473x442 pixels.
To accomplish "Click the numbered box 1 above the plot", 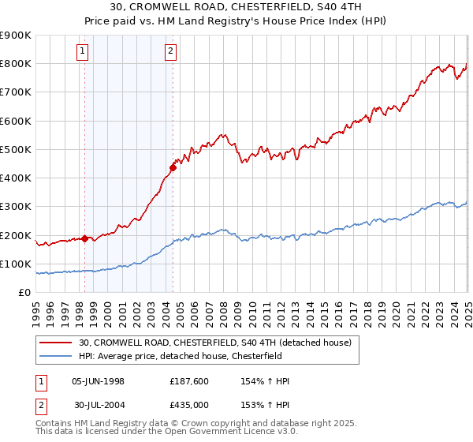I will coord(84,52).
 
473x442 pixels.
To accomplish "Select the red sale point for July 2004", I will coord(173,167).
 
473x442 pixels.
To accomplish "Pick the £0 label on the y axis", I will coord(26,293).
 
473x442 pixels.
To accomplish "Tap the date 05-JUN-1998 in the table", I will coord(98,381).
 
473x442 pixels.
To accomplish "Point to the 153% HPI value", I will coord(266,405).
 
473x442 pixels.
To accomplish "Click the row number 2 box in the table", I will coord(41,405).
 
